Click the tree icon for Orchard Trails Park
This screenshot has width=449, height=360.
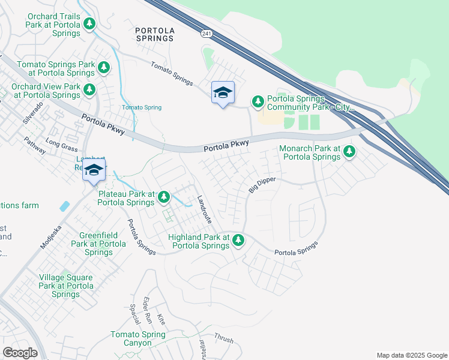click(x=89, y=24)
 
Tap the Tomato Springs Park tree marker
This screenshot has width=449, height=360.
click(x=104, y=67)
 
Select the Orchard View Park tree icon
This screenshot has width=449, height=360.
click(x=89, y=90)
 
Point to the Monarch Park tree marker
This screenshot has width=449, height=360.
click(x=349, y=152)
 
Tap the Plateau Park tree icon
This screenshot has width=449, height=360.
click(x=163, y=197)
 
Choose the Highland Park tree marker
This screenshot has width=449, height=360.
click(x=238, y=241)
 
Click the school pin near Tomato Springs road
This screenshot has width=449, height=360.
click(x=223, y=94)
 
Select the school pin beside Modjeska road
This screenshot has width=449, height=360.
click(x=94, y=170)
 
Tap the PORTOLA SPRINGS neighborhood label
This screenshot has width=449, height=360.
click(x=154, y=34)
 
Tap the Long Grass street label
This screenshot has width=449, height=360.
click(x=62, y=145)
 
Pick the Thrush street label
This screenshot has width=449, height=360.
click(x=224, y=339)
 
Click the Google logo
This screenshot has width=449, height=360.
click(x=20, y=353)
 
